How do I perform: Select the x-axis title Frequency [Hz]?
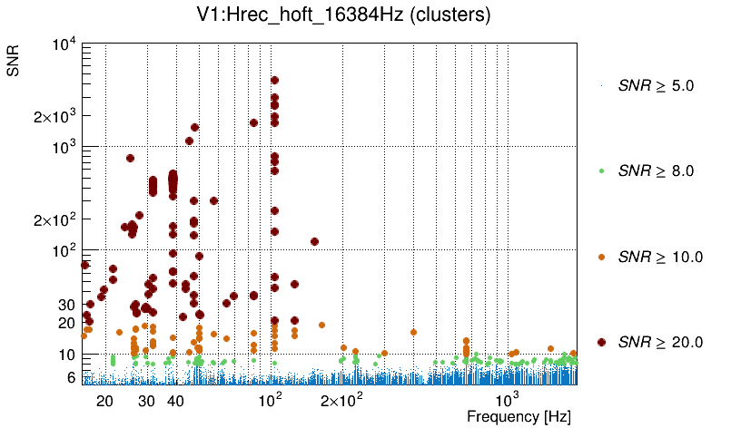[519, 416]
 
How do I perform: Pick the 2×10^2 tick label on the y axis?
[60, 219]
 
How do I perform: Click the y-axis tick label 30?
[65, 304]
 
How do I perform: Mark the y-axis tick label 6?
[69, 376]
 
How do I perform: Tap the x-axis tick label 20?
[104, 401]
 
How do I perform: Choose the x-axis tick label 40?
[176, 401]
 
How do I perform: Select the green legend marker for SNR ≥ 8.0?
[602, 170]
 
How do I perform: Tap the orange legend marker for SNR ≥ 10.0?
[602, 257]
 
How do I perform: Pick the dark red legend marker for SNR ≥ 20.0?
[602, 342]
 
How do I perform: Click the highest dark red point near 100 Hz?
[274, 81]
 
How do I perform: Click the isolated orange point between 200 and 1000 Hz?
[413, 332]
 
